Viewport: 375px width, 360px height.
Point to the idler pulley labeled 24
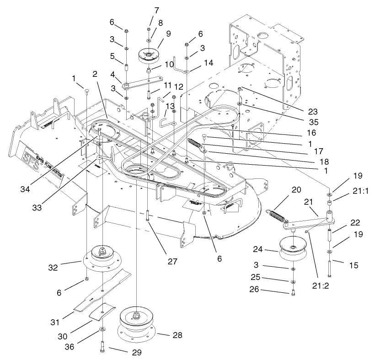pos(292,248)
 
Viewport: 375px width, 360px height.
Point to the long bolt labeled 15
pos(328,267)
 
